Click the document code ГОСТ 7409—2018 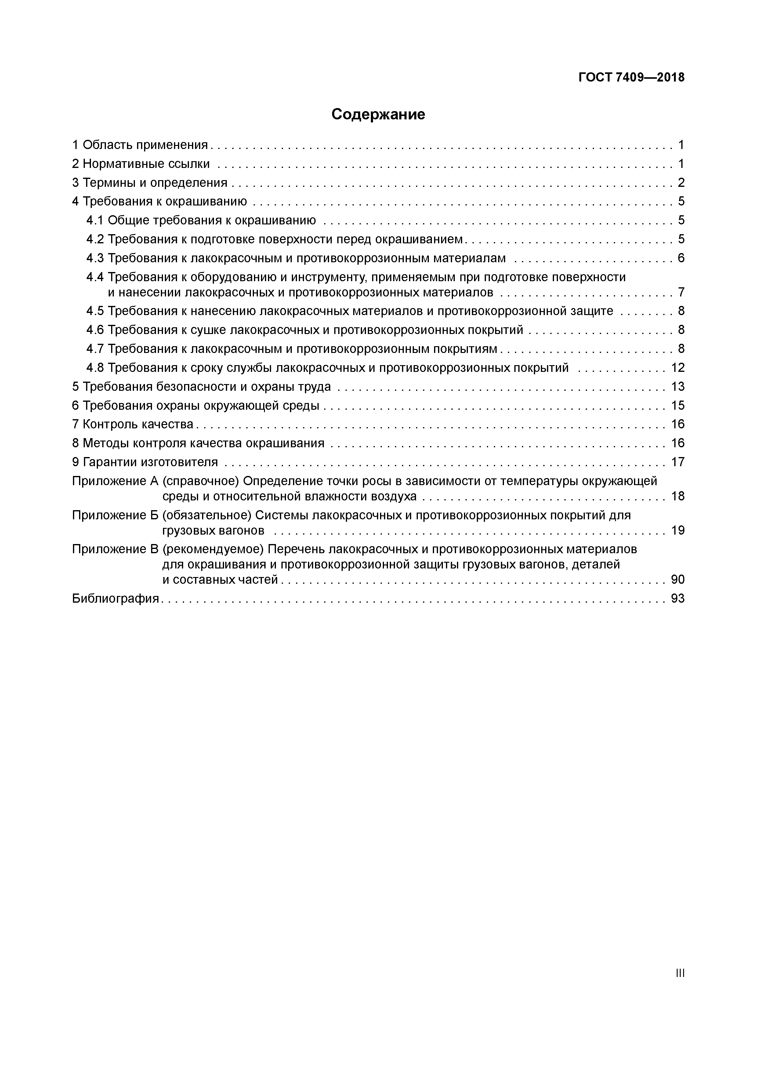[631, 78]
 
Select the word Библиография [116, 598]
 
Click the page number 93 [677, 598]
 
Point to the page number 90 [677, 579]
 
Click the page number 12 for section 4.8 [677, 368]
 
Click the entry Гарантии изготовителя [150, 462]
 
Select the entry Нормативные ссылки [146, 164]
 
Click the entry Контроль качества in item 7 [138, 424]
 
